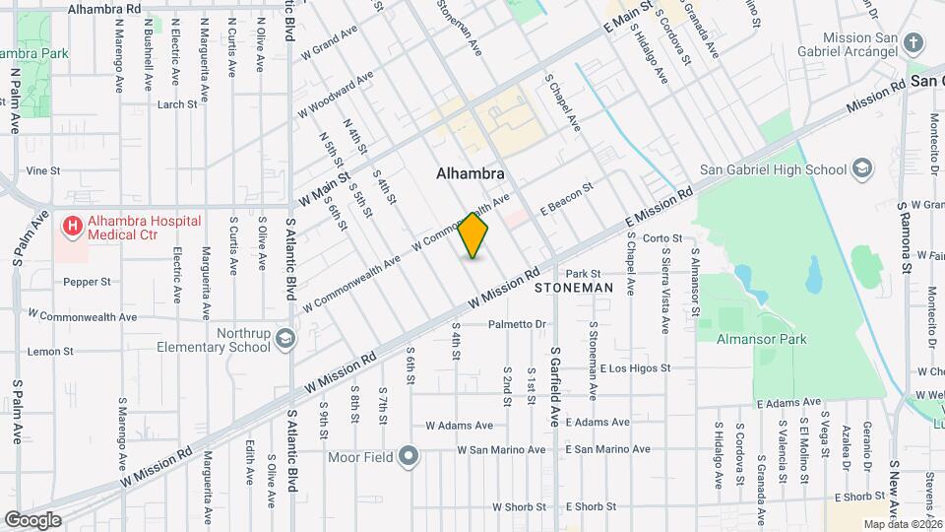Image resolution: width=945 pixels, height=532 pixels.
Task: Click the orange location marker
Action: [x=473, y=236]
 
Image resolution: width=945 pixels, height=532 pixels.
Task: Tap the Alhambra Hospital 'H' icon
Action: [x=72, y=228]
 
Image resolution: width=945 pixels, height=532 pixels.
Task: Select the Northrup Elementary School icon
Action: [x=285, y=339]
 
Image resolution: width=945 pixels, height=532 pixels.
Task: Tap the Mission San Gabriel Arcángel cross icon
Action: [x=914, y=42]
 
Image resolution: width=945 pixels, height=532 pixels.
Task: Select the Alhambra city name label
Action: [x=471, y=173]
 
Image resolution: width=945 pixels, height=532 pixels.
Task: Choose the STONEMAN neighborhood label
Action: [x=574, y=289]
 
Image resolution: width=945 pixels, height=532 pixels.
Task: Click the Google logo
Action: [x=31, y=520]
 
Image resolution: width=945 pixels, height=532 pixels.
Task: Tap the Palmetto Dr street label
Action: [x=517, y=324]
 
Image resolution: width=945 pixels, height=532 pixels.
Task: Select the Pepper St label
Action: [x=87, y=282]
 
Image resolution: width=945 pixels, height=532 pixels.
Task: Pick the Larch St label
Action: [x=177, y=103]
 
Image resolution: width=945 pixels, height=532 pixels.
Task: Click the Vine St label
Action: [x=43, y=170]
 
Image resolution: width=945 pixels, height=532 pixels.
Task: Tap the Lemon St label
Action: [x=44, y=351]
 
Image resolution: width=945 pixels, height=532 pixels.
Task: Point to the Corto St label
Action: [x=662, y=238]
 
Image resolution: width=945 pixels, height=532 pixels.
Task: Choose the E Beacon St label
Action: [x=566, y=199]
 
